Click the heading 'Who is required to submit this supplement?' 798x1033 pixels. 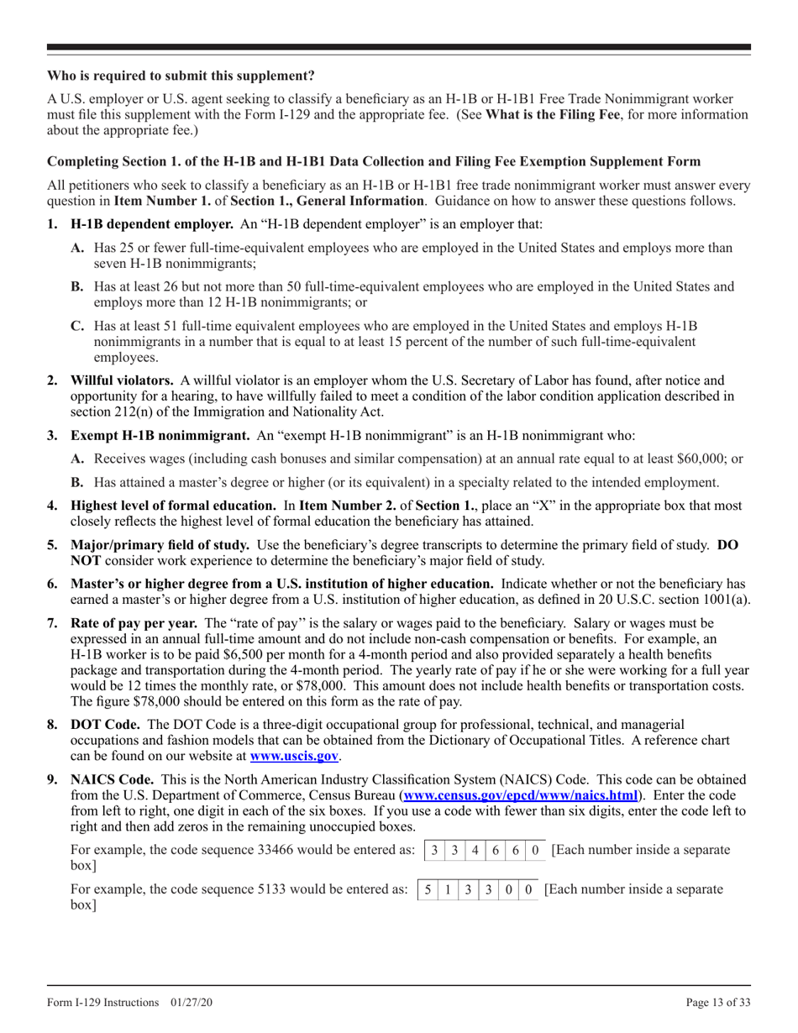181,76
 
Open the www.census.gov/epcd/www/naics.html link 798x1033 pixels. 521,795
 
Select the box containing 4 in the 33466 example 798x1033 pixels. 475,850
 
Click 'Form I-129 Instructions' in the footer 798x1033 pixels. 103,1003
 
